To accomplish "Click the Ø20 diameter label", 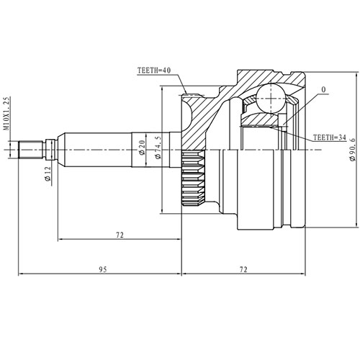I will click(x=141, y=149).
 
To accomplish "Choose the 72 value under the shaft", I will click(x=120, y=235).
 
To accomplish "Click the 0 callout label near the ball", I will click(x=323, y=91).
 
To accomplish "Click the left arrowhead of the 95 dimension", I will click(x=22, y=274).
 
